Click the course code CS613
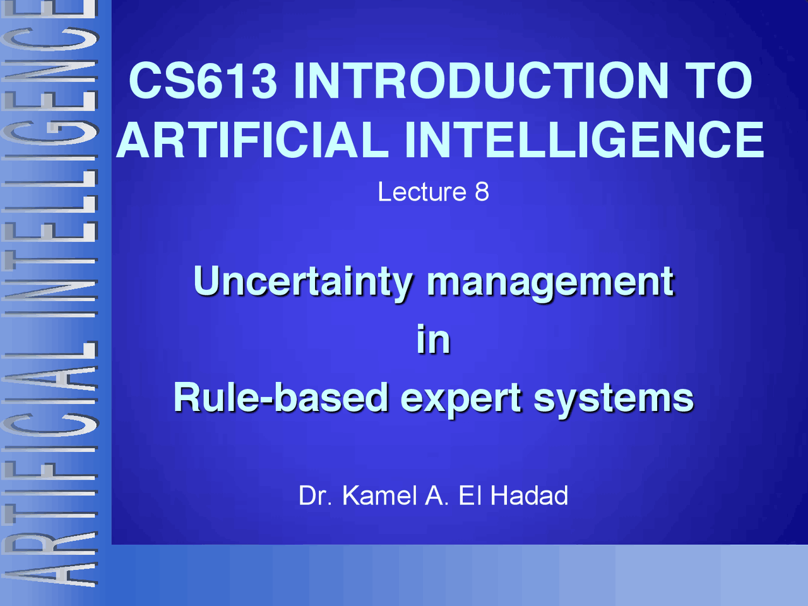click(203, 80)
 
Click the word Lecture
click(422, 192)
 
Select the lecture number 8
click(482, 192)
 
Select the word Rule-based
click(281, 398)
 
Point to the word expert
click(462, 399)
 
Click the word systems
click(614, 399)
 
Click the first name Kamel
click(379, 496)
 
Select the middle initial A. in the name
click(437, 496)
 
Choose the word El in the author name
click(470, 496)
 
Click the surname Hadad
click(529, 496)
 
